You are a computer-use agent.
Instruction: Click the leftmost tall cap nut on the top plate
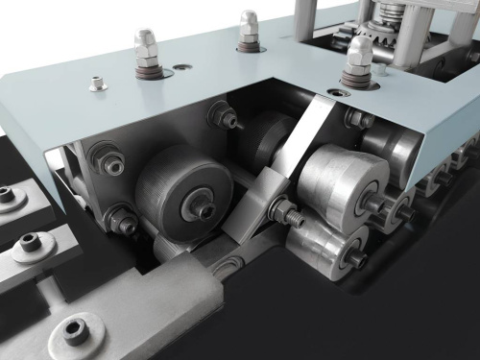click(147, 48)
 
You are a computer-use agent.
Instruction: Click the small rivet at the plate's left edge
click(97, 84)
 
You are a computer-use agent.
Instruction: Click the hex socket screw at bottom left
click(75, 331)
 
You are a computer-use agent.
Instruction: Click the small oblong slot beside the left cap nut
click(180, 67)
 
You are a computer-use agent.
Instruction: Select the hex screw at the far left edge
click(7, 195)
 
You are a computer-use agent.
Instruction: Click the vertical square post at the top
click(304, 17)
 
